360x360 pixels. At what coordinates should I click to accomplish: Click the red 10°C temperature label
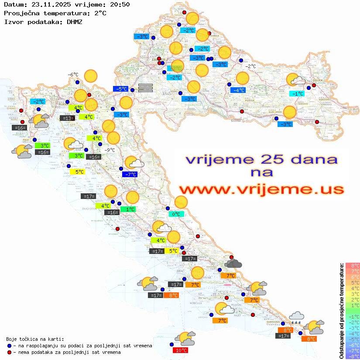181,350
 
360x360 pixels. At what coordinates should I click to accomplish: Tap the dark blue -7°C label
130,174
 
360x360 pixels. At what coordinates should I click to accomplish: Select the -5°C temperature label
120,89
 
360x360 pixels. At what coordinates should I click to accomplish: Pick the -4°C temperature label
238,90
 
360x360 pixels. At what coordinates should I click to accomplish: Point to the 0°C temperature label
176,214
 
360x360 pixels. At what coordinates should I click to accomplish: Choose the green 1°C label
129,209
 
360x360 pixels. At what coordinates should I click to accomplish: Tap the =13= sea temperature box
67,118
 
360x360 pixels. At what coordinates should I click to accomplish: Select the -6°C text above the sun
72,75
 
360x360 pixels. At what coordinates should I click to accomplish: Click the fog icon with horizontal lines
145,88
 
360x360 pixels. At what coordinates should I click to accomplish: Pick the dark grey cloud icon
233,263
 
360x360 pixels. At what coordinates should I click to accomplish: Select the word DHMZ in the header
74,21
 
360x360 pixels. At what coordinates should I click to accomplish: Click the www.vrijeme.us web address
261,189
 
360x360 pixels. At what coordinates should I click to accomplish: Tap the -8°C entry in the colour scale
352,356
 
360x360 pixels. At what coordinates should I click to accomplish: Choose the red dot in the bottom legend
9,352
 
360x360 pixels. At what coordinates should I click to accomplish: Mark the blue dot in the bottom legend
9,345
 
